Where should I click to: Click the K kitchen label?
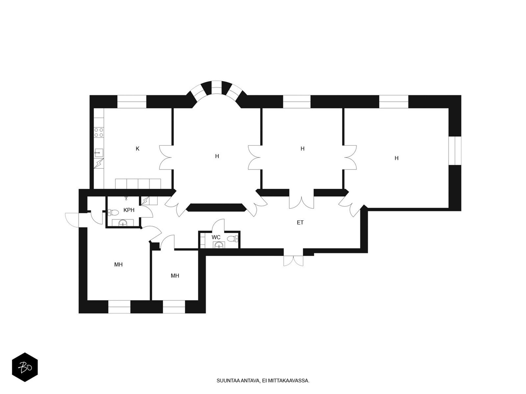[137, 149]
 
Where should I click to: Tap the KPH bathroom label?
[129, 210]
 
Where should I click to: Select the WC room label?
[216, 237]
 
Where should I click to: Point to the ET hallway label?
[300, 223]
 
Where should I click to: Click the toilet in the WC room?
[233, 239]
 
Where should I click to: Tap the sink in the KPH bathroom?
[123, 223]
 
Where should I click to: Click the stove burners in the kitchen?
[99, 132]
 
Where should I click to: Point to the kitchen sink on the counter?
[99, 153]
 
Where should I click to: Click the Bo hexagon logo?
[25, 367]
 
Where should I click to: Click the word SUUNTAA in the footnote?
[226, 381]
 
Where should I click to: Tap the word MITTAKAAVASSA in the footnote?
[289, 381]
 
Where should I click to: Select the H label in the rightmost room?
[396, 158]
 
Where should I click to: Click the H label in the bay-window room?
[217, 156]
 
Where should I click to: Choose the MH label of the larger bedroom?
[118, 264]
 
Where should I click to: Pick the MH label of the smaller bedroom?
[175, 276]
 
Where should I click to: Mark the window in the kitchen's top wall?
[132, 101]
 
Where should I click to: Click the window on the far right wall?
[455, 150]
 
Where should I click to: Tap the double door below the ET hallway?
[294, 260]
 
